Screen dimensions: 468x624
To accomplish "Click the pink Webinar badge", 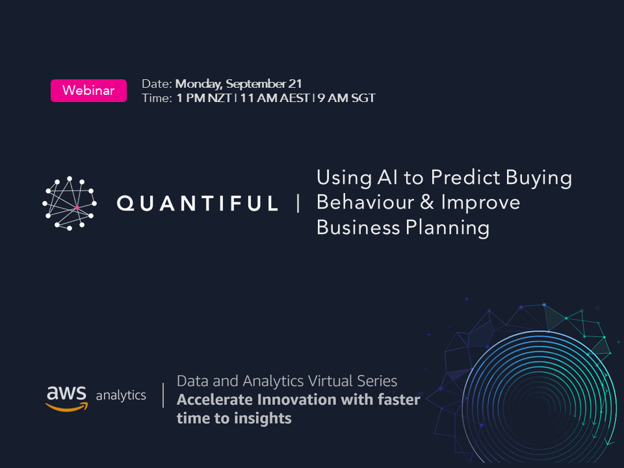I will click(x=88, y=90).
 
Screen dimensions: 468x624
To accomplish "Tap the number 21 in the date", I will click(x=295, y=84).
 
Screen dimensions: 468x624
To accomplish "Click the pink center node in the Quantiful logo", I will click(x=77, y=207).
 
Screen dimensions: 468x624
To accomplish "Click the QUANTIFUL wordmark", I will click(x=198, y=203).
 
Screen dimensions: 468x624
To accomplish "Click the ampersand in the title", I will click(x=426, y=203).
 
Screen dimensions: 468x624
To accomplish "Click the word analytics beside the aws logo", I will click(x=121, y=395).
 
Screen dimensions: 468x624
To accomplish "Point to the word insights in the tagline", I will click(x=263, y=418).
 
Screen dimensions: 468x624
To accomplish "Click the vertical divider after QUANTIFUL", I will click(x=298, y=203).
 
